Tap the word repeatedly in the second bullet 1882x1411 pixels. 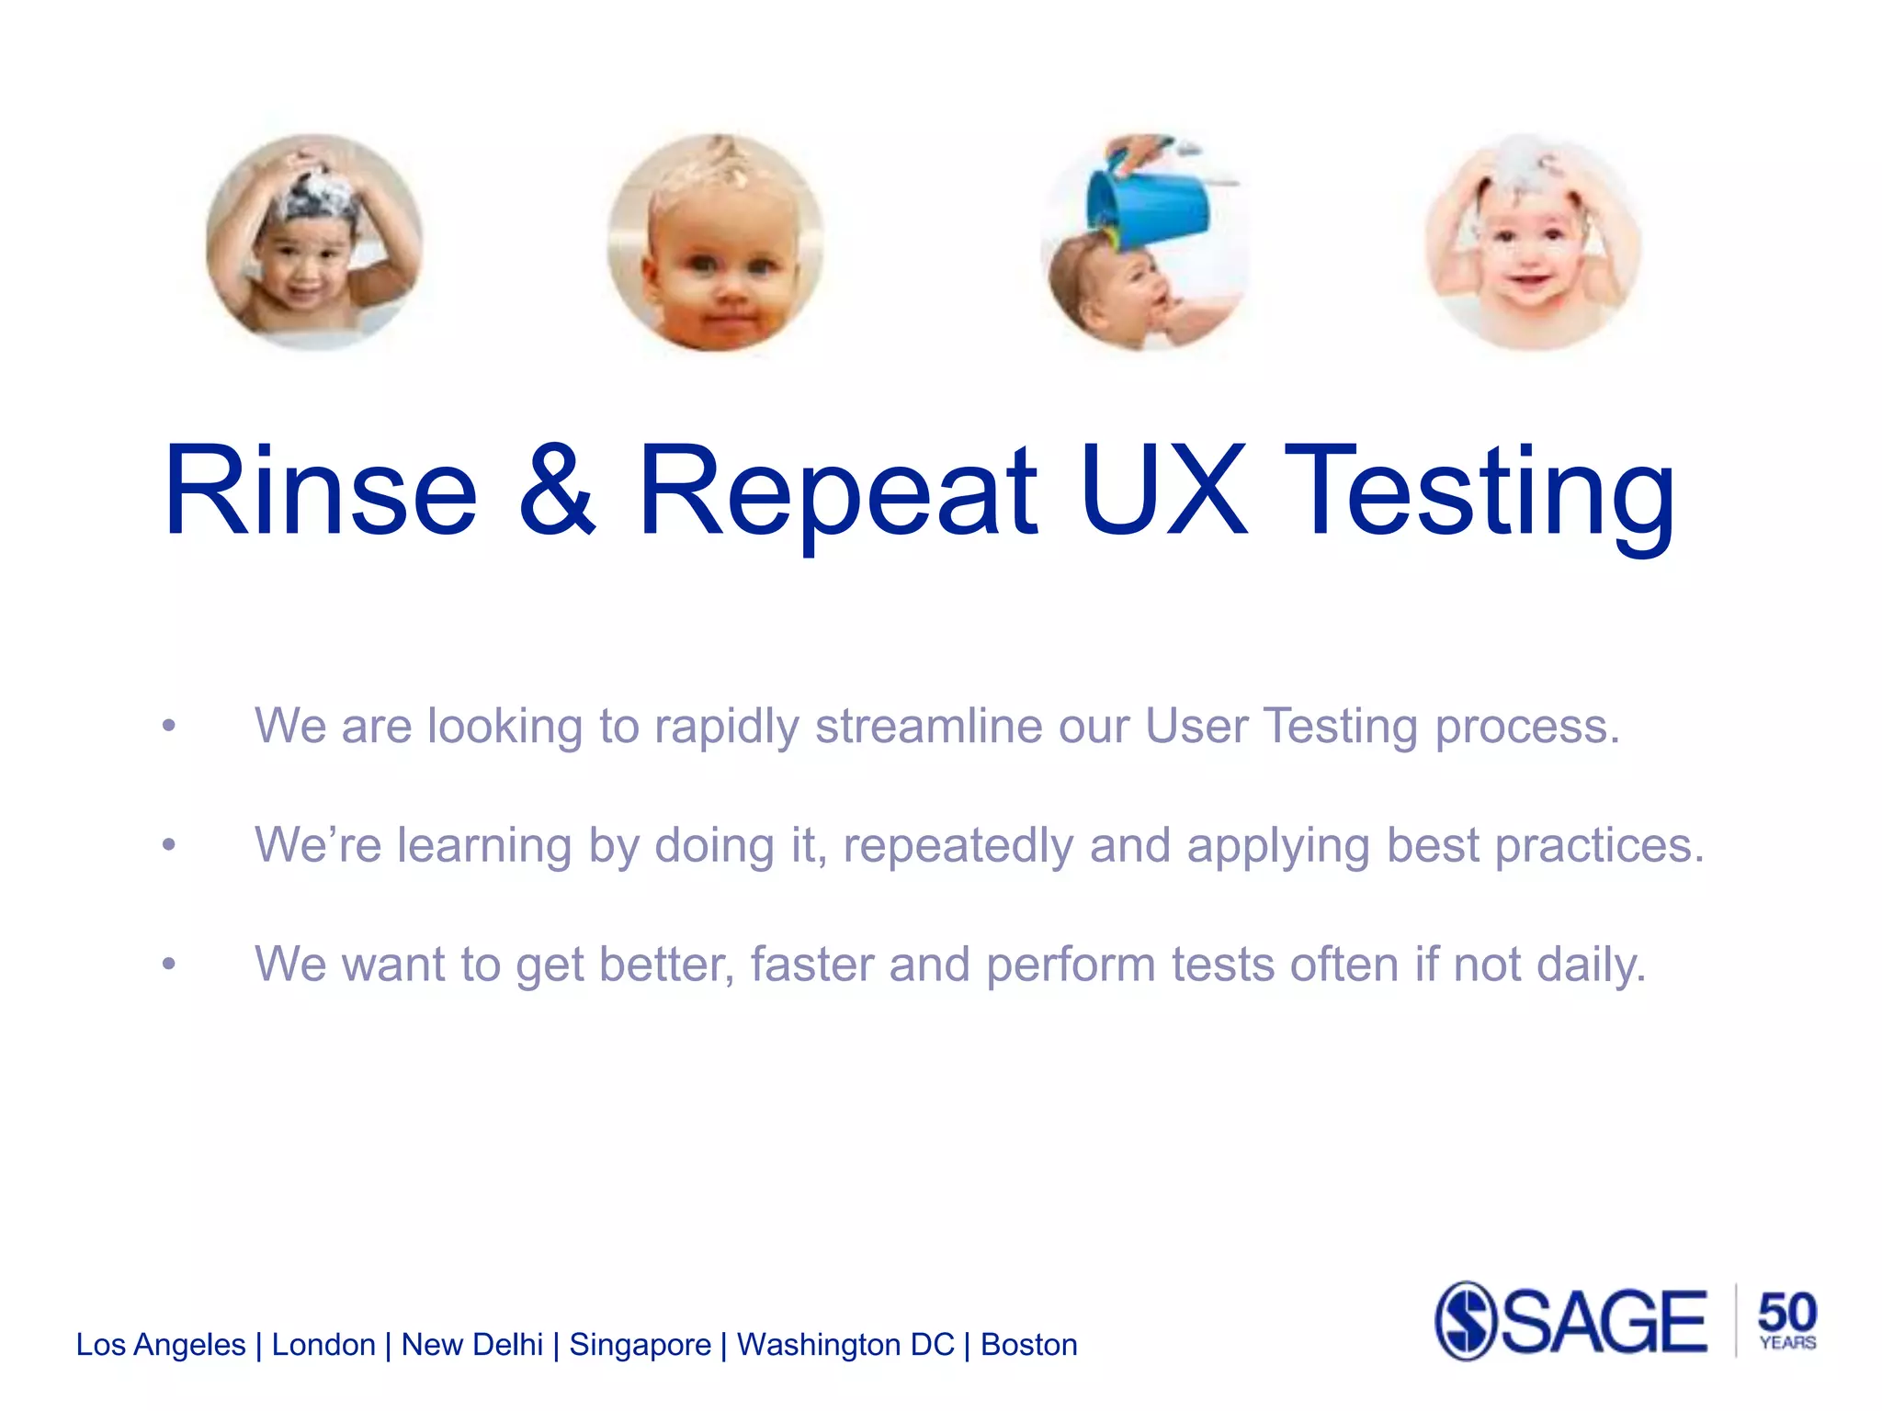pos(958,846)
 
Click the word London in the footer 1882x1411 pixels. pos(323,1345)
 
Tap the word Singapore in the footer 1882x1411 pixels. pos(640,1346)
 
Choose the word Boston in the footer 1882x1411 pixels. pos(1028,1345)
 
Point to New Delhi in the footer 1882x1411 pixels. pos(472,1345)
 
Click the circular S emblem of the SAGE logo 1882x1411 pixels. pos(1467,1321)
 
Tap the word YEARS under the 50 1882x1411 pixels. pos(1787,1343)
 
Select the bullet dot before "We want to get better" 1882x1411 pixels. pos(168,964)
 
